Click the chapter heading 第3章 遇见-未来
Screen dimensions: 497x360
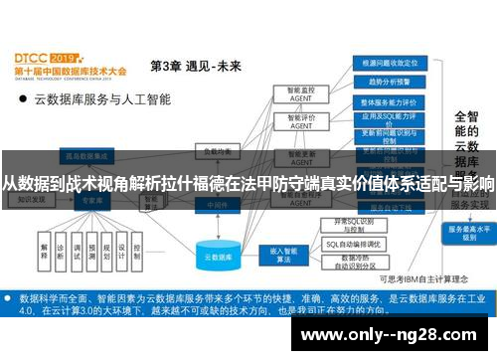coord(195,67)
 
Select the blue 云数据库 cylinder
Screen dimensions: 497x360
coord(219,256)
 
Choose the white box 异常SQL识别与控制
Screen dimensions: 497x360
coord(356,225)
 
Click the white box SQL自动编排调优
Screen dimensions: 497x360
coord(356,244)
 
